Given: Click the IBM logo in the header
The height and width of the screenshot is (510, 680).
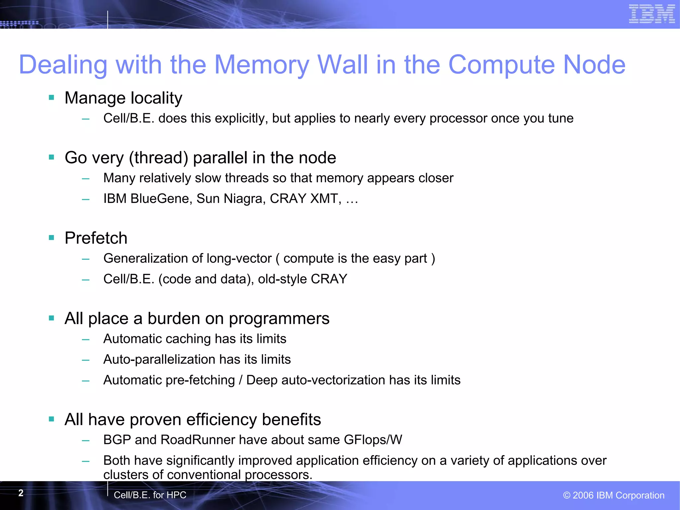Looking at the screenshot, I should tap(651, 14).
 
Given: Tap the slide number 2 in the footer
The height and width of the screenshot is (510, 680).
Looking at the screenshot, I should tap(21, 493).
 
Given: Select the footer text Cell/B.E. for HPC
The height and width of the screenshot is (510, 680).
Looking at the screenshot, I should tap(150, 495).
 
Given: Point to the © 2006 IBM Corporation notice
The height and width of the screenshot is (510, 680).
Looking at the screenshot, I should tap(614, 495).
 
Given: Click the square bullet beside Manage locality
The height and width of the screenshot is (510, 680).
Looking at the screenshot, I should tap(51, 98).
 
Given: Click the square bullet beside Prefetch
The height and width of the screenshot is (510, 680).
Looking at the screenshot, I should tap(51, 238).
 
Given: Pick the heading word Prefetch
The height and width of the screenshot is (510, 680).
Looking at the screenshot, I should tap(96, 238).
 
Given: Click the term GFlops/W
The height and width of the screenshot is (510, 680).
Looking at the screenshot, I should tap(373, 440).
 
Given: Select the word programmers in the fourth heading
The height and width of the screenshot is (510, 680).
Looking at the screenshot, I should tap(279, 319).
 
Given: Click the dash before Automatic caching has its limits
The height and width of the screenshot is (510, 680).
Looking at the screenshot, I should tap(86, 339).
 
